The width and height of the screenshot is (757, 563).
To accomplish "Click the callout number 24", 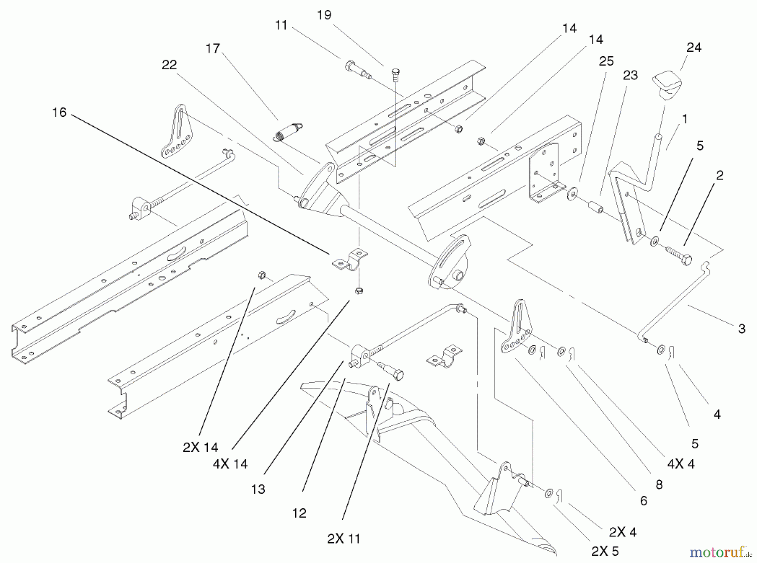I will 693,47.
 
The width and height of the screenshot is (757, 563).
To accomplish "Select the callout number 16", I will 59,112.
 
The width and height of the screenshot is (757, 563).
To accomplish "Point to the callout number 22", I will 169,65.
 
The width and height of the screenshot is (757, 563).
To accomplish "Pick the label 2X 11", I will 344,539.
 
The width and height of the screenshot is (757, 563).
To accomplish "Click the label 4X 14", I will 230,464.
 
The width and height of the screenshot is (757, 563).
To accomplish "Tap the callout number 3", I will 741,329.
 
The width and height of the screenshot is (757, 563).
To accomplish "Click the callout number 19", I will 324,15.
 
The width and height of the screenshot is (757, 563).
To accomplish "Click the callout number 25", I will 606,61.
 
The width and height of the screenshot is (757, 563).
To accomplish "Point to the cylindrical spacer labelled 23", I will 595,208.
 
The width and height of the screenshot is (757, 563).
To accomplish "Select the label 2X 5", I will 605,551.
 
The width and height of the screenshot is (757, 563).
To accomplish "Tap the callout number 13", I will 258,489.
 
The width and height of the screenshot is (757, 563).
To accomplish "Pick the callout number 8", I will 659,484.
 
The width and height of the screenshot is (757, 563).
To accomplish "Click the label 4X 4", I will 681,464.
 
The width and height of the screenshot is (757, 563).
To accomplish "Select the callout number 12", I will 299,513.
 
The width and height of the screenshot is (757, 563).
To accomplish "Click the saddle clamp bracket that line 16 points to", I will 349,261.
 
